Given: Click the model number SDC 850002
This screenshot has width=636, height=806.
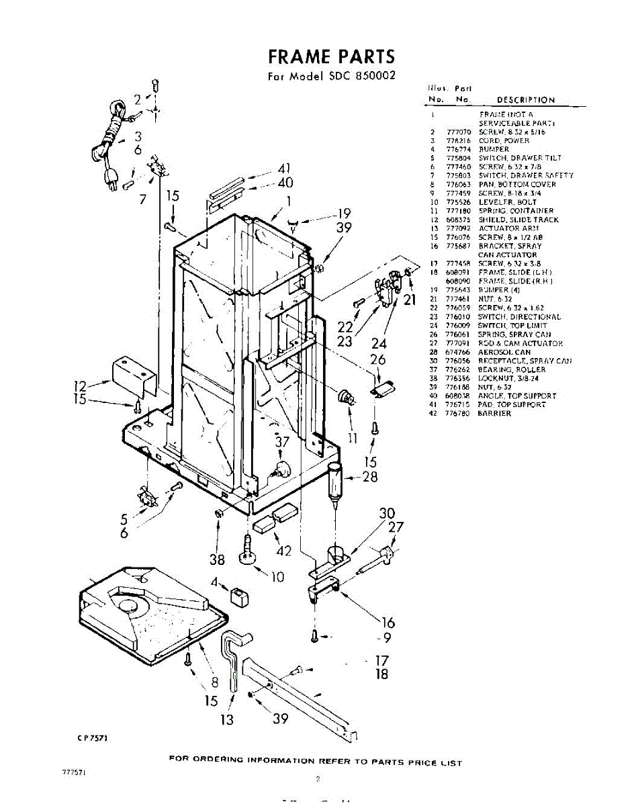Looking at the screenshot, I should pos(362,76).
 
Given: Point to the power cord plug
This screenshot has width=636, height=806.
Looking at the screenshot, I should pos(109,177).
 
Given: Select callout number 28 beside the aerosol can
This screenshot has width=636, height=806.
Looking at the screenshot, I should pos(369,478).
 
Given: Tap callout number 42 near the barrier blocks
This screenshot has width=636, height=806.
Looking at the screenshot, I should pos(284,551).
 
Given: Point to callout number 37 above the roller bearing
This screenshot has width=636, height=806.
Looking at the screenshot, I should pos(282,443).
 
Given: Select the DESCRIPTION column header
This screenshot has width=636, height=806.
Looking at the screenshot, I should pos(525,100).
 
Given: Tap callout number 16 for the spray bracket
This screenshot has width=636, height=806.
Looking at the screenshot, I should pos(388,622).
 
